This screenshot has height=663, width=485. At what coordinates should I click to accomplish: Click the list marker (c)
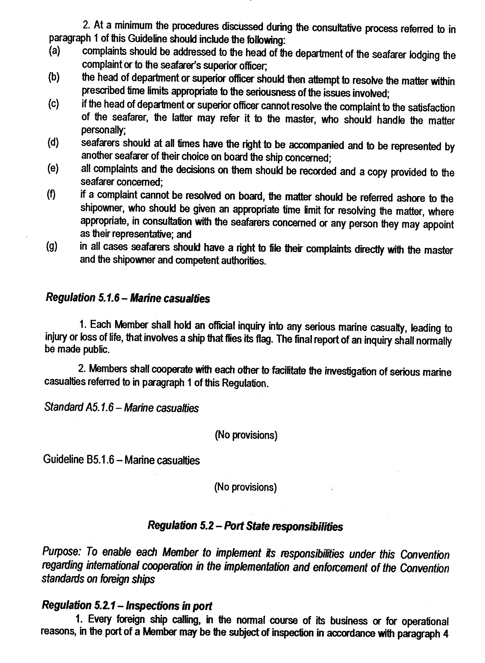(53, 104)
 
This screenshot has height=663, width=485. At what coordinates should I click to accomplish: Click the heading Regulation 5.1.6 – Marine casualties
(128, 298)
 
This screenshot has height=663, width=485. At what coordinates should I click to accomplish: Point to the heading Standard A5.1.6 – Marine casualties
(121, 408)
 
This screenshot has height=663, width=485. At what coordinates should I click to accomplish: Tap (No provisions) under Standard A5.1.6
(246, 435)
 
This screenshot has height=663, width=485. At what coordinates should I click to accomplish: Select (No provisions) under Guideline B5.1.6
(246, 487)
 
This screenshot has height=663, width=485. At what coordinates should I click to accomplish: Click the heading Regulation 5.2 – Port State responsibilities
(245, 526)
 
